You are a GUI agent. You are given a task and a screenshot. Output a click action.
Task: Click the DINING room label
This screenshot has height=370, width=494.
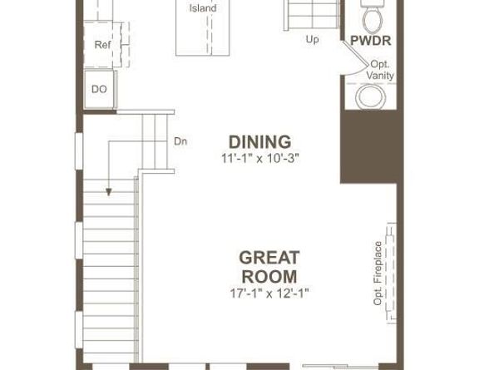pos(260,141)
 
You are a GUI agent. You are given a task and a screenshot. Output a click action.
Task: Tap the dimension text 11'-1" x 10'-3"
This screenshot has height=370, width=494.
pos(260,157)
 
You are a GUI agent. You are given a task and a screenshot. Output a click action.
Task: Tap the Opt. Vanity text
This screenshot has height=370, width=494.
pos(380,70)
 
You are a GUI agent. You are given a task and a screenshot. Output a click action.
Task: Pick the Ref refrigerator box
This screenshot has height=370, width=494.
pos(101,45)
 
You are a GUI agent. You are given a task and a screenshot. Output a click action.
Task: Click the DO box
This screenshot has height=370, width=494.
pos(99,88)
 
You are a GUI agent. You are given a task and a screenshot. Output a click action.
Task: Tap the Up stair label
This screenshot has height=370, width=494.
pos(312,38)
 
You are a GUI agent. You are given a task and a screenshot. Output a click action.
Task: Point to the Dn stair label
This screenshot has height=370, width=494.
pos(180,141)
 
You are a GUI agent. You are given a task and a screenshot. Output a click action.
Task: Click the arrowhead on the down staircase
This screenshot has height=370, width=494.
pos(108,192)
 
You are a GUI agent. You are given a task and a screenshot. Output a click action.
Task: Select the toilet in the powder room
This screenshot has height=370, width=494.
pos(371,14)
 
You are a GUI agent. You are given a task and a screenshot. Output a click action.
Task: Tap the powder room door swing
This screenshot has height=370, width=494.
pos(355,62)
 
